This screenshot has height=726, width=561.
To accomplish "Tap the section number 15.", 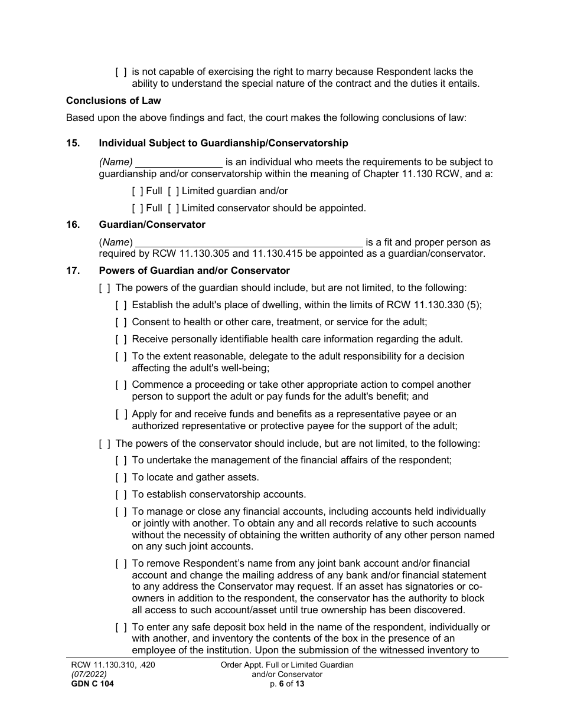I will point(73,143).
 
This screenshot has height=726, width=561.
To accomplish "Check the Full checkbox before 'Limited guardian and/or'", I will point(138,191).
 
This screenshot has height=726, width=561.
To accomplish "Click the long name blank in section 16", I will point(249,243).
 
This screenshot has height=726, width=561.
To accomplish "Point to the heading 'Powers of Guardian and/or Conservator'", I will point(194,270).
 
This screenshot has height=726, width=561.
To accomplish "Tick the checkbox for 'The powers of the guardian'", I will point(105,288).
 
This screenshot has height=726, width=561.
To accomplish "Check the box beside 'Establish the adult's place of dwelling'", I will point(121,305).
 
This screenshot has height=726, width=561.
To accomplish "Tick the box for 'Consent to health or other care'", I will point(121,322).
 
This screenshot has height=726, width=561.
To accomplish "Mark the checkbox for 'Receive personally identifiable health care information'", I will point(121,339).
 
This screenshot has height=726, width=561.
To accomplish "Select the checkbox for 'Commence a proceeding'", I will point(121,385).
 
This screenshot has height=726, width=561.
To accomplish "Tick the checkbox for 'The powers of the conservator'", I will point(105,443).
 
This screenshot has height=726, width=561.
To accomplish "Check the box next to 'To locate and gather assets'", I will point(121,478).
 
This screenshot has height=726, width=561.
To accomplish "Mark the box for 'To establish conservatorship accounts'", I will point(121,495).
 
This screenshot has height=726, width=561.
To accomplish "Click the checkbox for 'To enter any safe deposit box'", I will point(121,627).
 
